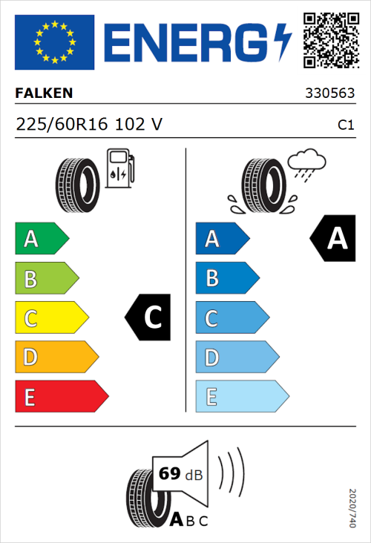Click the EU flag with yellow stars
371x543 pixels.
coord(54,42)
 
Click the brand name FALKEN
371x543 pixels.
coord(45,94)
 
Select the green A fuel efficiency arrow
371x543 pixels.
coord(41,239)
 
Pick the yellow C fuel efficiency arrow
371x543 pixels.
coord(50,318)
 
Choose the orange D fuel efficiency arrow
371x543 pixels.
coord(56,358)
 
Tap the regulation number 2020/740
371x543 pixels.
coord(352,507)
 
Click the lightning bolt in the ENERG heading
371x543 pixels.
coord(283,42)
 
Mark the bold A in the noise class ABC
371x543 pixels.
coord(177,521)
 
